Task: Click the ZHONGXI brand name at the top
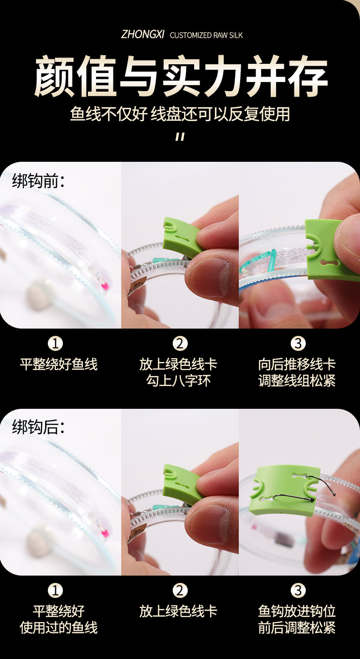click(143, 35)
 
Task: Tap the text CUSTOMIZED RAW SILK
click(206, 35)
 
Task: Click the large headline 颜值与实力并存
click(180, 76)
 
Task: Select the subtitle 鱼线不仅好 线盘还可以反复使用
click(180, 114)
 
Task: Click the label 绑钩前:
click(38, 180)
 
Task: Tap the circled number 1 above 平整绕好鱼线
click(55, 343)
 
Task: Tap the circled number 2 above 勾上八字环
click(180, 343)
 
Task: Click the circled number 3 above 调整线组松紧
click(298, 343)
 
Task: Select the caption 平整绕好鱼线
click(58, 364)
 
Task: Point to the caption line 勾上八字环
click(178, 381)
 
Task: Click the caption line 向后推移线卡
click(297, 364)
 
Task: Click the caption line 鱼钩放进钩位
click(297, 611)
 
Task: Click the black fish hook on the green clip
click(294, 496)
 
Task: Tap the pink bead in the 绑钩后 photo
click(104, 533)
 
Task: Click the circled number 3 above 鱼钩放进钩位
click(298, 590)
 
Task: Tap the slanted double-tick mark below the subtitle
click(180, 137)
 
